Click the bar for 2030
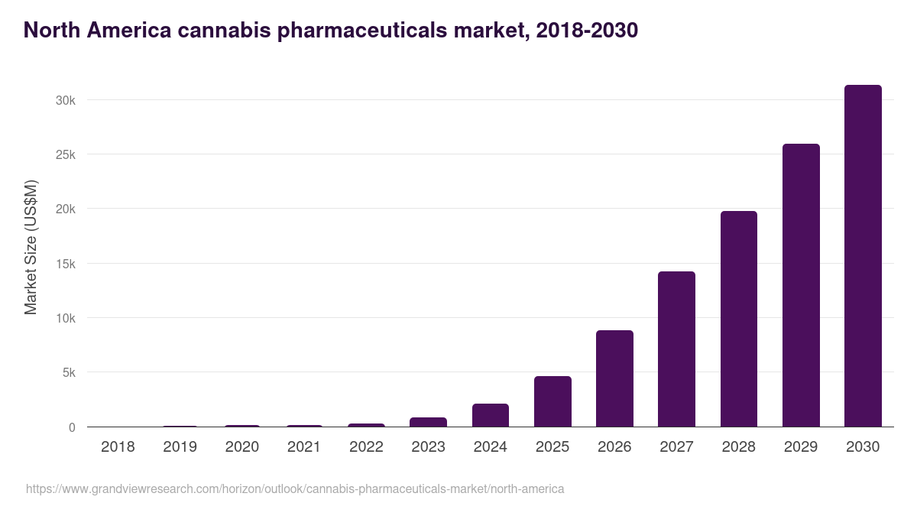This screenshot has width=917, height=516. [863, 256]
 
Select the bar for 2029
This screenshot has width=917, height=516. [801, 285]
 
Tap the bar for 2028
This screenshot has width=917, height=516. [738, 319]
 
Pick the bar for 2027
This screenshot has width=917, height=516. [676, 349]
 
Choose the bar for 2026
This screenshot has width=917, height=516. [614, 378]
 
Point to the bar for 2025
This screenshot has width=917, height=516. [552, 401]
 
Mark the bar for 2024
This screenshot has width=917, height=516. [490, 415]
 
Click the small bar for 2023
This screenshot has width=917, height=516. [428, 422]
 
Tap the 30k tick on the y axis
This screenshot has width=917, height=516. [65, 100]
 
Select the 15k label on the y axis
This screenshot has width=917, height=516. [65, 264]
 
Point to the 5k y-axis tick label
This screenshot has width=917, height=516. [68, 373]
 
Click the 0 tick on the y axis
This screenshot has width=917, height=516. [72, 427]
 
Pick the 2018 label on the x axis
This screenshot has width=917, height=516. [118, 447]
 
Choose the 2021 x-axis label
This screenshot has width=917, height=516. [303, 447]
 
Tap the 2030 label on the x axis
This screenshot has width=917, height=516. [863, 447]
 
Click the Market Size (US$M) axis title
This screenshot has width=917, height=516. [31, 247]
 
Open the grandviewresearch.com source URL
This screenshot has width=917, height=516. [295, 488]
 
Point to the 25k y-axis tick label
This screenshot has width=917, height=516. [65, 155]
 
